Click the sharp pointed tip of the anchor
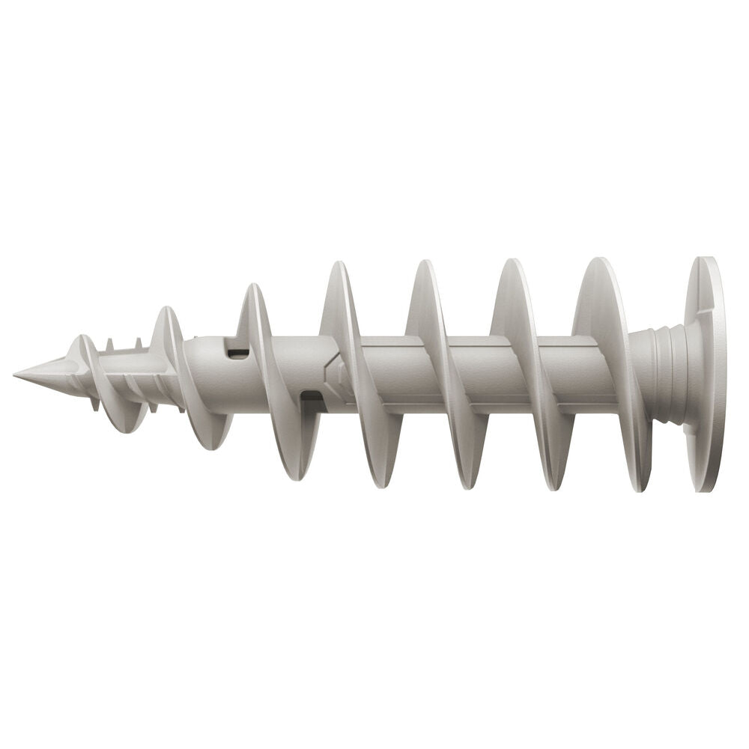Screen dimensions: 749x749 [18, 372]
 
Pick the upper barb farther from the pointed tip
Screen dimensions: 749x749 [138, 344]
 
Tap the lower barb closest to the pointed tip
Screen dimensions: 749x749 [95, 405]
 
